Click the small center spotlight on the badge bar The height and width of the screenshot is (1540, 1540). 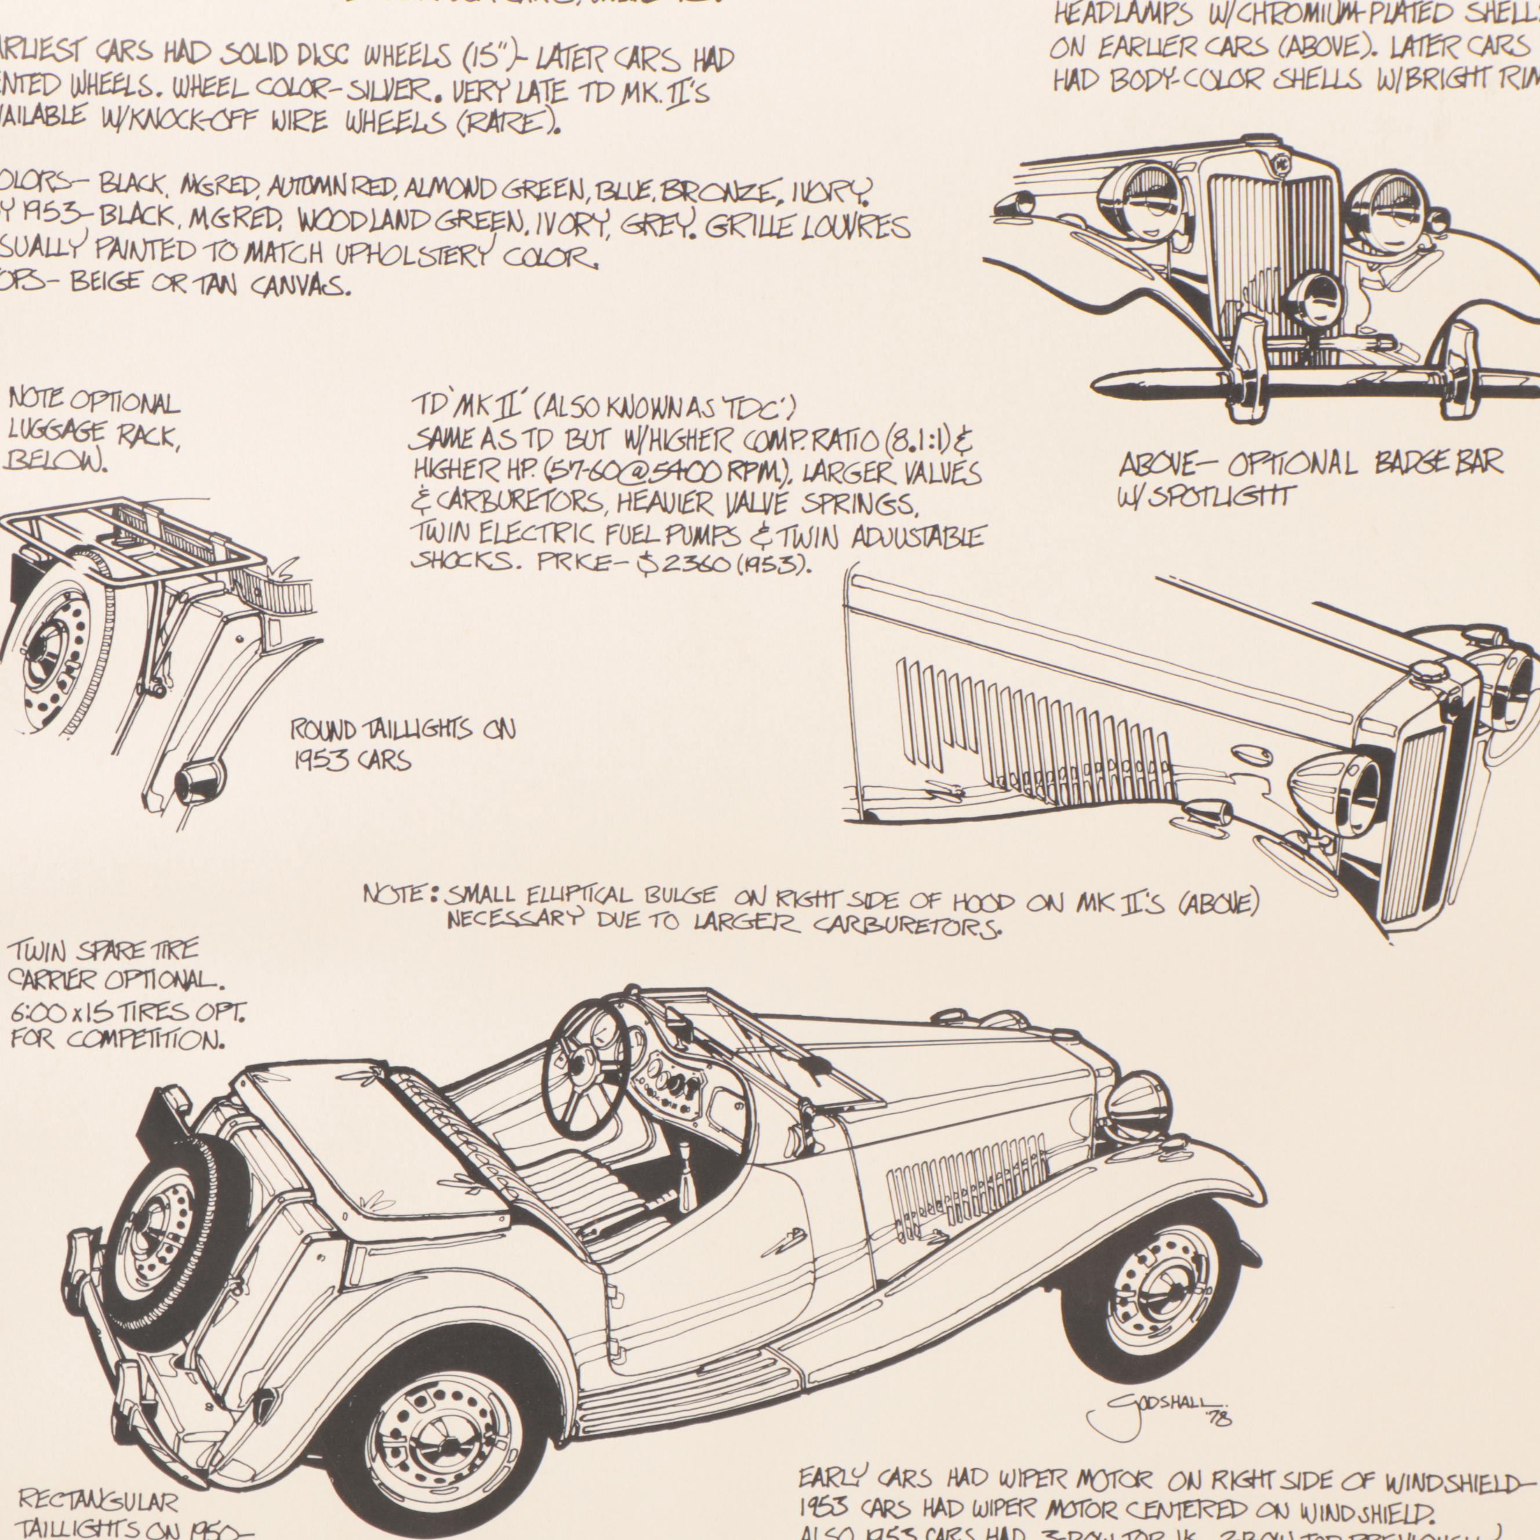(x=1314, y=300)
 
